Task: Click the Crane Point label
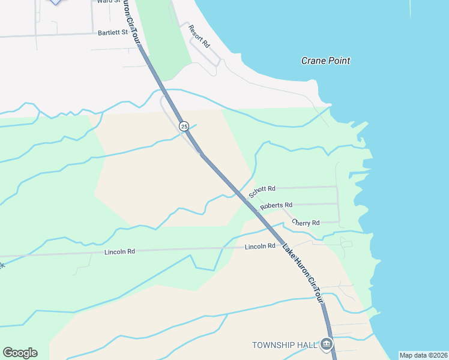325,61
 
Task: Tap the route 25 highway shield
184,126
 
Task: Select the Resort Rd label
199,37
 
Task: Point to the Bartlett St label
113,32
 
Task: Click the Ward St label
103,2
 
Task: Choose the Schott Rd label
262,192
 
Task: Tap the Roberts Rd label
276,206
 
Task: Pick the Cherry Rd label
306,223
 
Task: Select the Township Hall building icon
327,344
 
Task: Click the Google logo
20,353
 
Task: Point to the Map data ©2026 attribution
423,355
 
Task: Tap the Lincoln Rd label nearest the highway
260,247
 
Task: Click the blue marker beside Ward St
55,2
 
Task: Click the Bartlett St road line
54,35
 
